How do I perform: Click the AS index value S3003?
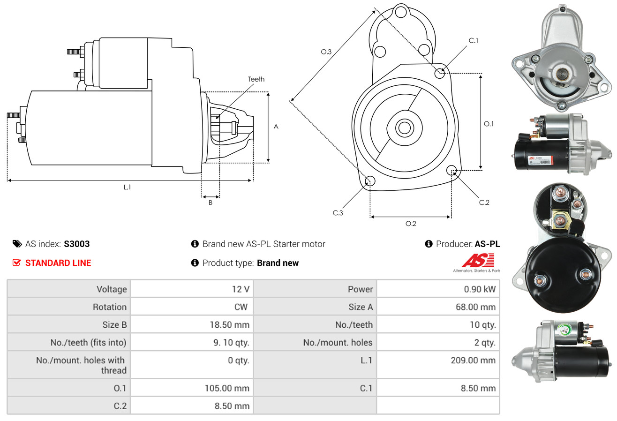click(x=76, y=244)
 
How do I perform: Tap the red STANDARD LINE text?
click(x=58, y=263)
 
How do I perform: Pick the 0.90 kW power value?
click(x=480, y=289)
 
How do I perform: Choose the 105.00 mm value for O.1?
click(x=227, y=388)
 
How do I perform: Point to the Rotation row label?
click(x=110, y=307)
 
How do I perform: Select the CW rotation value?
click(x=241, y=307)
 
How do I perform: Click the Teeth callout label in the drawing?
click(x=256, y=79)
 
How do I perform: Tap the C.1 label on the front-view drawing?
click(x=473, y=40)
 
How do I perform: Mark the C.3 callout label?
click(x=338, y=213)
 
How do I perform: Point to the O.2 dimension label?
click(x=411, y=224)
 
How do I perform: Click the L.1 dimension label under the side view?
click(x=127, y=187)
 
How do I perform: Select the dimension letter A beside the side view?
click(x=276, y=127)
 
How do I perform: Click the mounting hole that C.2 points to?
click(x=451, y=170)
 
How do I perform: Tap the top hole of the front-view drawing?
click(x=401, y=12)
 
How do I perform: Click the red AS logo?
click(x=478, y=260)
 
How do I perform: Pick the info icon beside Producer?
click(x=429, y=244)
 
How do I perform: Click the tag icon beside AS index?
click(x=17, y=244)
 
